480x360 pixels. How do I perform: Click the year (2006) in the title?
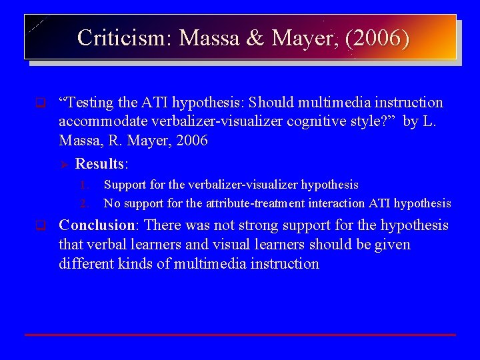(x=379, y=37)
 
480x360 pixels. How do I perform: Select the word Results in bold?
(x=100, y=164)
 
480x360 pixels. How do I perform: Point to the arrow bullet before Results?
(x=65, y=164)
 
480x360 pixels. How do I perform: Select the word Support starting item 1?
(x=125, y=185)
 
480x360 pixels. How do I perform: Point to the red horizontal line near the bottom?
(x=240, y=334)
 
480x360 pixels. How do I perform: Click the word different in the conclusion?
(x=86, y=263)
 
